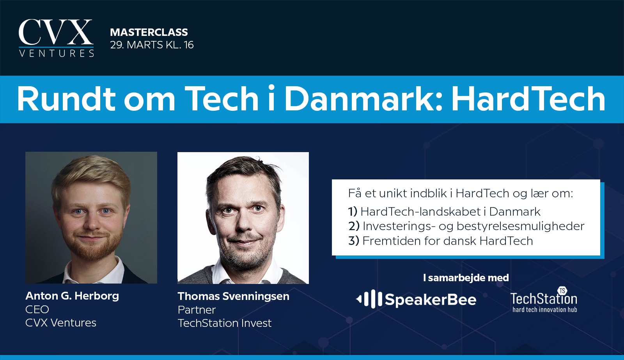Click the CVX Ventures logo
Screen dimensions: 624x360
pos(56,38)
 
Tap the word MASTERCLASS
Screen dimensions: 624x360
pos(149,32)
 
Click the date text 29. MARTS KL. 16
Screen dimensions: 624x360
pos(152,45)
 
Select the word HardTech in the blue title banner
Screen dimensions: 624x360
pos(528,99)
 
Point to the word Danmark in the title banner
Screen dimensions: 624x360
pos(360,99)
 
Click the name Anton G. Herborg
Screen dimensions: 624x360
pos(72,296)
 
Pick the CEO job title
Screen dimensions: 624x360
pos(37,309)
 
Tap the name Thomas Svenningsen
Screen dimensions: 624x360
pos(234,296)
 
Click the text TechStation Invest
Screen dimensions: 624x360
pos(225,323)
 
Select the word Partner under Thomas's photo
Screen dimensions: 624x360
pos(197,310)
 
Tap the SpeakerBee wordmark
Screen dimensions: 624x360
pos(431,300)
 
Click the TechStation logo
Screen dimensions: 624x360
pos(544,300)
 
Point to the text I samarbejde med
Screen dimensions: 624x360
pos(466,278)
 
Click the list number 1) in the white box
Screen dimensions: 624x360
pos(353,212)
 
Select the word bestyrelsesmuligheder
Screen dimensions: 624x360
pos(520,226)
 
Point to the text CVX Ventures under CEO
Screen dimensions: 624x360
pos(61,323)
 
